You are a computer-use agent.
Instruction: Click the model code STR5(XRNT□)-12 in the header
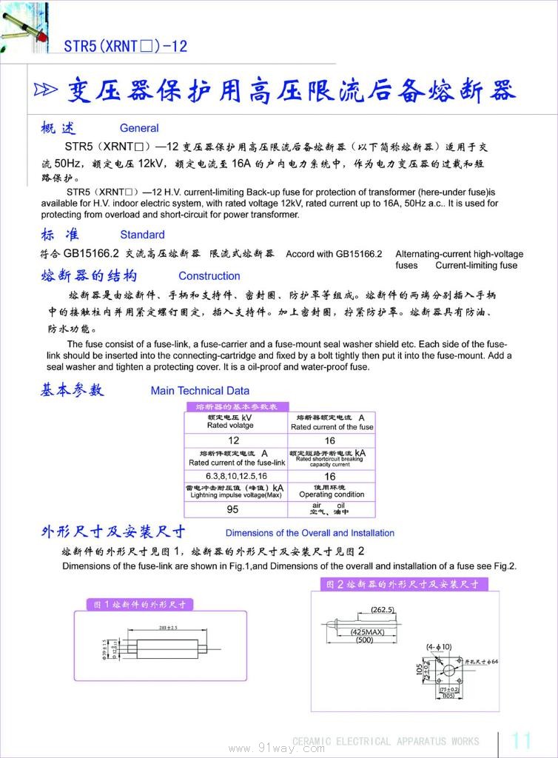pos(125,47)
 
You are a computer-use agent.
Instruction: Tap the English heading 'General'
pos(139,128)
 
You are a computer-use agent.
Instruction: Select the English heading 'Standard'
pos(142,235)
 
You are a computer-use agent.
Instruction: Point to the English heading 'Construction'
pos(209,276)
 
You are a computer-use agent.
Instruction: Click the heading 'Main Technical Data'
pos(200,391)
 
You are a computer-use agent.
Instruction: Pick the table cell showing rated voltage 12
pos(234,440)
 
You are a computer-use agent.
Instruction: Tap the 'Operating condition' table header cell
pos(331,492)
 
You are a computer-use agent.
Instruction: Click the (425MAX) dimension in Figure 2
pos(367,632)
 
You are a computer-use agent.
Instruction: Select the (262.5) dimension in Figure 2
pos(383,610)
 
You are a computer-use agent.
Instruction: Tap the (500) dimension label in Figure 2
pos(364,640)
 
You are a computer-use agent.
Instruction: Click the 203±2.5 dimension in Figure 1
pos(167,628)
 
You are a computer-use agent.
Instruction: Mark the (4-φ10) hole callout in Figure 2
pos(439,647)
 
